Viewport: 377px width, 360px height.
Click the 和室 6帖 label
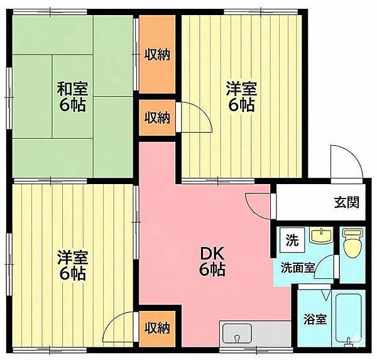pos(72,96)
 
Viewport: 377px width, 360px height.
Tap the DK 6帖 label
pos(212,261)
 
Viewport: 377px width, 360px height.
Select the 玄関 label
pos(346,202)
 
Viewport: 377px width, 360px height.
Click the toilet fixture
pos(352,243)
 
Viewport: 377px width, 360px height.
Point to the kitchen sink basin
pos(237,334)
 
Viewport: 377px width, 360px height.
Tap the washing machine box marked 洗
pos(292,240)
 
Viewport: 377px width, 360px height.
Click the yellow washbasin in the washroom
pos(321,235)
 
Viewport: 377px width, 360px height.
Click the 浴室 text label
pos(315,319)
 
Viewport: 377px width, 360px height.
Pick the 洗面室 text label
pos(298,268)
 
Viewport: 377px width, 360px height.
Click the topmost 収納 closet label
pos(157,55)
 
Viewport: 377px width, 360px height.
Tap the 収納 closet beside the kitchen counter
pos(157,329)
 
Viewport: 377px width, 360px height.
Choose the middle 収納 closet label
pos(157,118)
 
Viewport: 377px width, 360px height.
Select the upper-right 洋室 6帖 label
pos(241,96)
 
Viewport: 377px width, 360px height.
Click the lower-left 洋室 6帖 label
pos(72,265)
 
